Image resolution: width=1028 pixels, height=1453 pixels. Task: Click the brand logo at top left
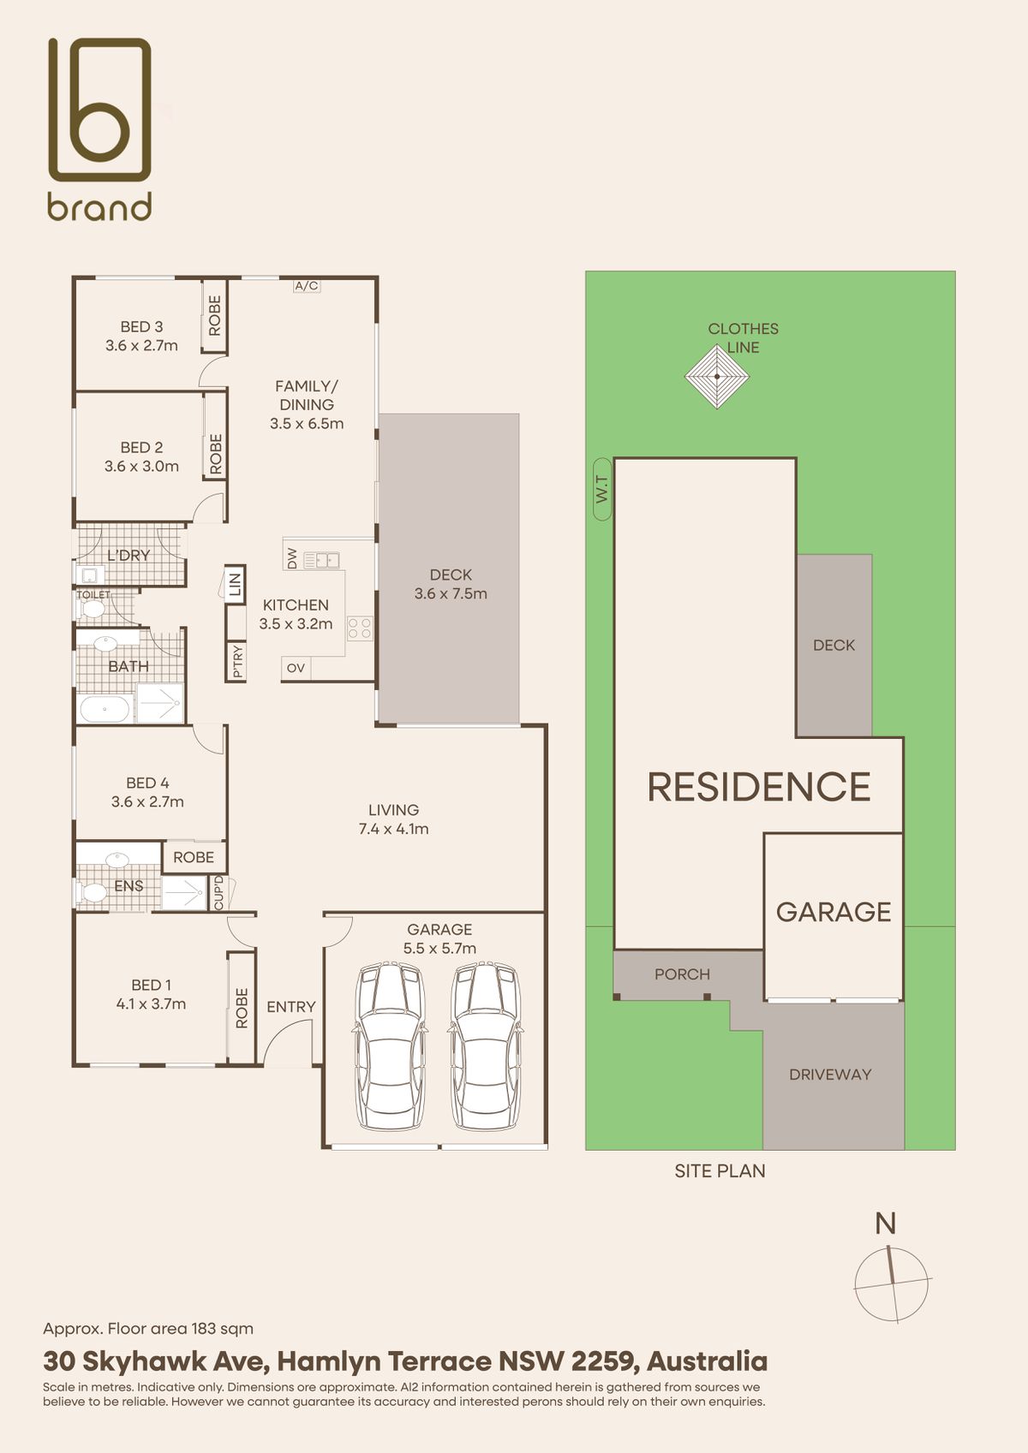[x=99, y=128]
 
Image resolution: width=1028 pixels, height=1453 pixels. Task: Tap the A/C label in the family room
[x=307, y=285]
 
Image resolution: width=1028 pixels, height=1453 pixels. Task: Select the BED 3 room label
[x=141, y=327]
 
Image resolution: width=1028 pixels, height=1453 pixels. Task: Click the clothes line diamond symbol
[x=717, y=376]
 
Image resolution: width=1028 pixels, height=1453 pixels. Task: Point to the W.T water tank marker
[x=602, y=489]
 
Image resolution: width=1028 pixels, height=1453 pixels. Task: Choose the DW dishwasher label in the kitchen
[x=292, y=558]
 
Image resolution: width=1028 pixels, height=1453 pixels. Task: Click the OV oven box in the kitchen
[x=296, y=668]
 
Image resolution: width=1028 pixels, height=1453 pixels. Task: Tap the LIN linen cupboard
[x=235, y=585]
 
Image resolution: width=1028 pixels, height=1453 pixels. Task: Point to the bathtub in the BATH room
[x=105, y=710]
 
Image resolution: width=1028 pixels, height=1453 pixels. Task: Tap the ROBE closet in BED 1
[x=242, y=1008]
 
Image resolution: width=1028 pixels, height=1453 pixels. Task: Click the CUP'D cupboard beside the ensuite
[x=218, y=892]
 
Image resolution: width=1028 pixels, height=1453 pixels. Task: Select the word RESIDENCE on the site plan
[x=759, y=787]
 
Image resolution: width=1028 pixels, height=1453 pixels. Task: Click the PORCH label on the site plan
[x=682, y=974]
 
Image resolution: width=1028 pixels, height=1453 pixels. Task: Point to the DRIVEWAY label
[x=830, y=1075]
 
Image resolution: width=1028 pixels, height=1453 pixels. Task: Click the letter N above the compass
[x=885, y=1224]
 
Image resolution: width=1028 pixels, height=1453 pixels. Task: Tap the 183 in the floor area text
[x=205, y=1329]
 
